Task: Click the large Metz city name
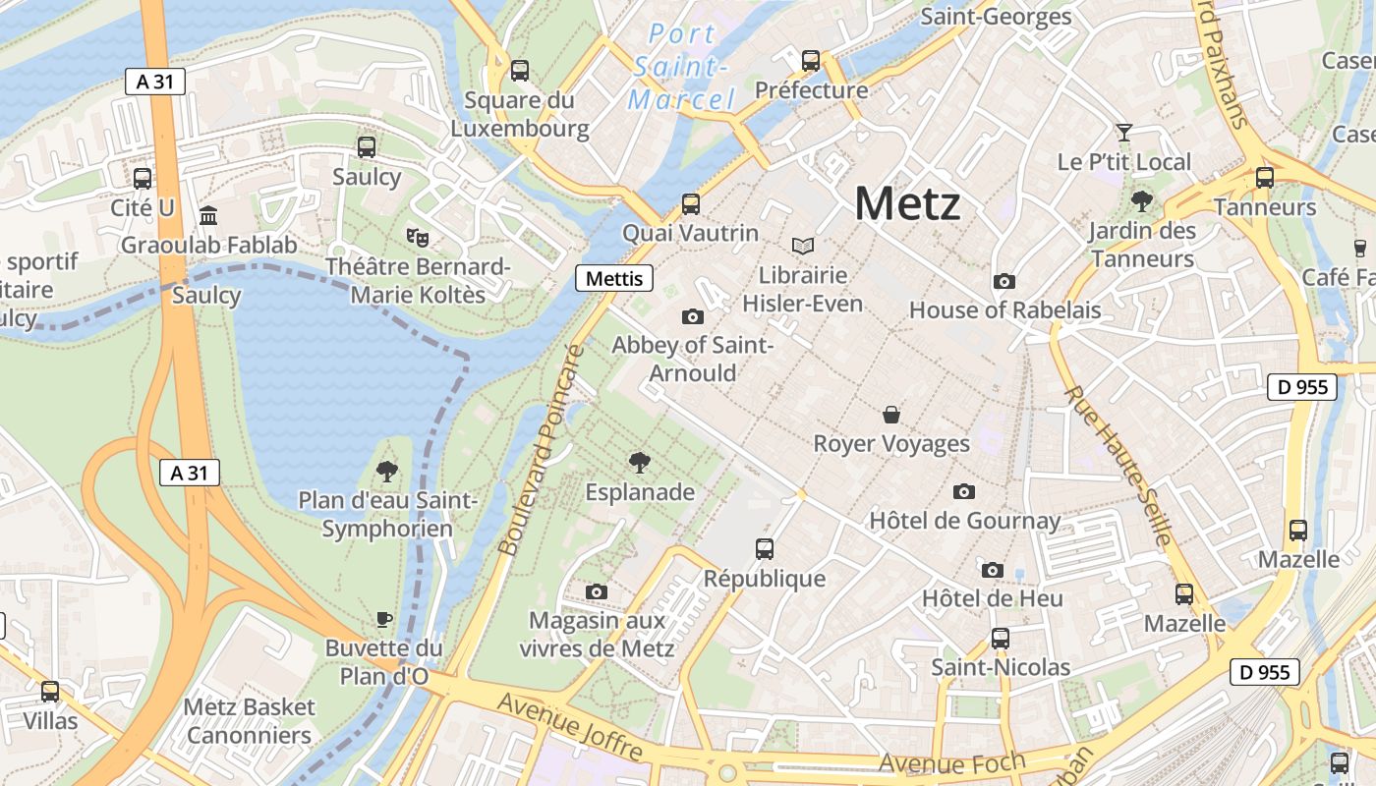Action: (x=907, y=203)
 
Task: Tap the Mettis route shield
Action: (x=614, y=279)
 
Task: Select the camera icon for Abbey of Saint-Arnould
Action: (x=693, y=316)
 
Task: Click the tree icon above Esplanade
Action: (x=640, y=462)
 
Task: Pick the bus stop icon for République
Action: (x=765, y=549)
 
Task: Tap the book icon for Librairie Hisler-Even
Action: (x=803, y=246)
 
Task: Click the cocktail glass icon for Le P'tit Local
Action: (x=1124, y=132)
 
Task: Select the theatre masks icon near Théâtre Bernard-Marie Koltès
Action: (x=418, y=237)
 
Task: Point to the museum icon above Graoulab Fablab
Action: (x=208, y=215)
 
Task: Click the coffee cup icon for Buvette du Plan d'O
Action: (x=384, y=619)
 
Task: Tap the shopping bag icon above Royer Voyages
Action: (x=891, y=415)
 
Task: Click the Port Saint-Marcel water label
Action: (x=682, y=67)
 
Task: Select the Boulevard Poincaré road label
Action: (x=542, y=450)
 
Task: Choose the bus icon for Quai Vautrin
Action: (x=691, y=204)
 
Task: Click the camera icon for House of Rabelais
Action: (x=1003, y=282)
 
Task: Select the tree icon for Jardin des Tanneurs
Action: (x=1142, y=202)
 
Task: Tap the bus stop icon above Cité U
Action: (x=143, y=179)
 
